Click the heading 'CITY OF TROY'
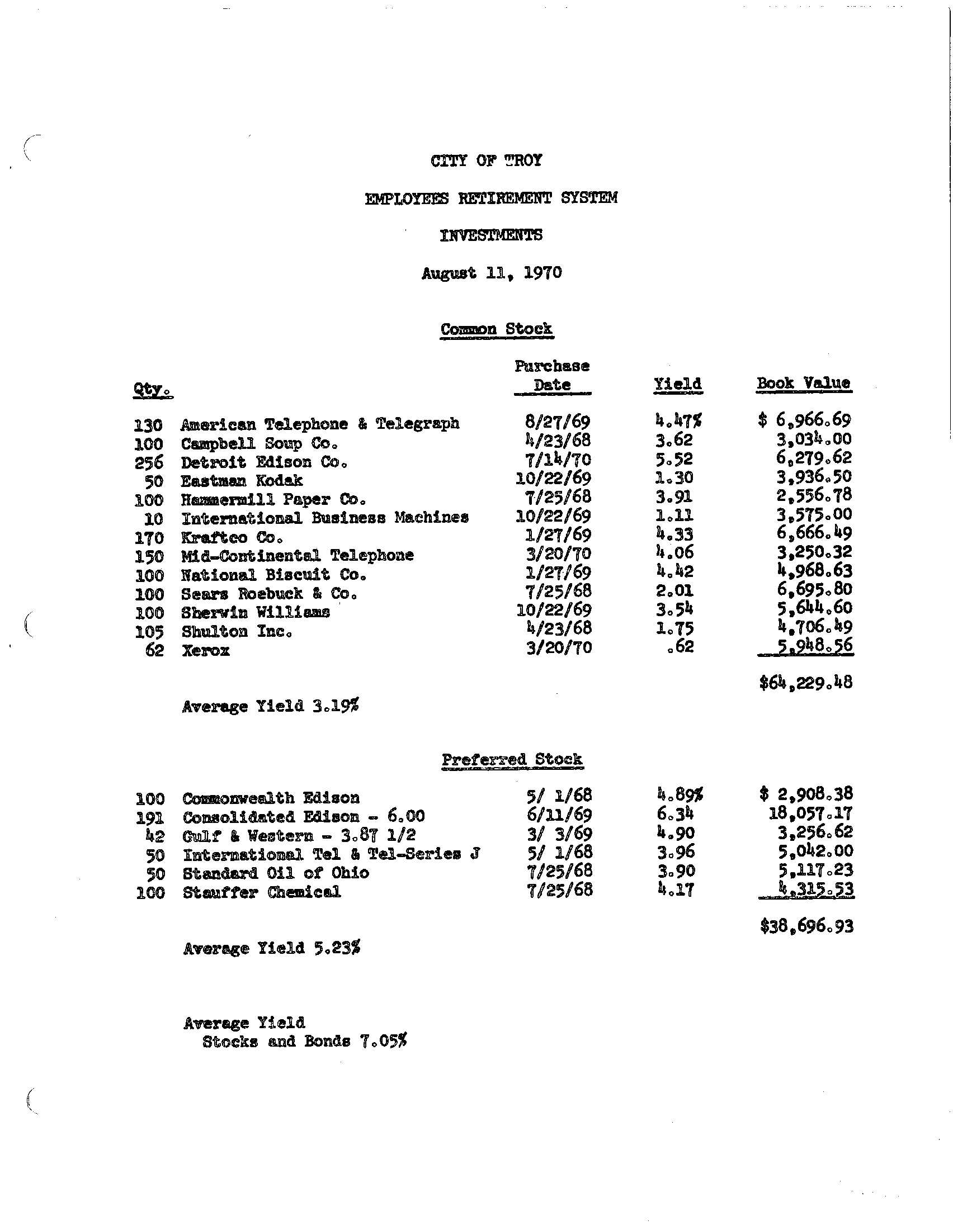(x=486, y=161)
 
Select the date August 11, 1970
(x=492, y=273)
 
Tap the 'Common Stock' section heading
(x=496, y=329)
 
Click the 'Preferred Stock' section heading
(x=511, y=759)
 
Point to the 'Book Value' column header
(x=803, y=383)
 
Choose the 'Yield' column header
(x=678, y=384)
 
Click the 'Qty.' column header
(x=152, y=390)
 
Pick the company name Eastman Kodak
(x=242, y=480)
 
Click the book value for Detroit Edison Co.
(x=813, y=457)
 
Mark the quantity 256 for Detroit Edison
(x=149, y=462)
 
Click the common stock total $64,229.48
(x=805, y=683)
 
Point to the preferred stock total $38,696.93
(x=806, y=926)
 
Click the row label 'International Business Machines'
(x=324, y=517)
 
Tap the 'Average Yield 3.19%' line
(x=270, y=706)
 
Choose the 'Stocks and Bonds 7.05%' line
(x=304, y=1042)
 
